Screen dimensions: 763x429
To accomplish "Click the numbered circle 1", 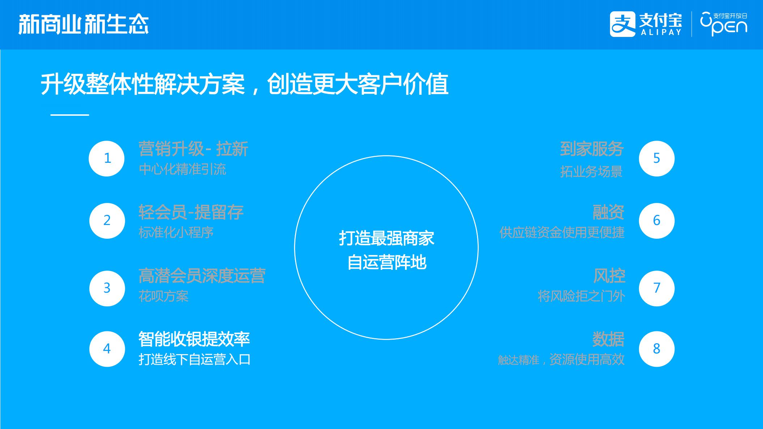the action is [107, 158].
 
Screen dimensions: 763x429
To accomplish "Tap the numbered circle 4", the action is [107, 349].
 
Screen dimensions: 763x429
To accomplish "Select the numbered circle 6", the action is [657, 221].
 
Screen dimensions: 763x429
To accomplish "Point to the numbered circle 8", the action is [657, 349].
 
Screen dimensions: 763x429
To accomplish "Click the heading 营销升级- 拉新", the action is [193, 149].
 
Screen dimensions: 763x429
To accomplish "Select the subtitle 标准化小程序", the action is [176, 232].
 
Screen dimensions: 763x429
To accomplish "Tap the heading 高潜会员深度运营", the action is [202, 276].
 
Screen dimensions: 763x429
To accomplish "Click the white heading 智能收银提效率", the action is [194, 339].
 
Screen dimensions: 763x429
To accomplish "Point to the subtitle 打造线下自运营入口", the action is [195, 360].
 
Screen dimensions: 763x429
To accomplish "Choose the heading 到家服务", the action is [592, 149].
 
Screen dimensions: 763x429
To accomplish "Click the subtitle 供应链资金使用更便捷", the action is [562, 232].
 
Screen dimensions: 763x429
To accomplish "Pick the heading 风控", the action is [609, 276].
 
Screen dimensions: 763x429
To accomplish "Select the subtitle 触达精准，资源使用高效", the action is [561, 360].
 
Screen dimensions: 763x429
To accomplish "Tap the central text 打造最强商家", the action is [387, 238].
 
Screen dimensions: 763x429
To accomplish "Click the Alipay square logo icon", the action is [623, 24].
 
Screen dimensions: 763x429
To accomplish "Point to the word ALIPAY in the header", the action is [661, 32].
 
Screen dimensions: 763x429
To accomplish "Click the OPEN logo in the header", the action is [724, 24].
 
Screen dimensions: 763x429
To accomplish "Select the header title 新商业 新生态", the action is [84, 25].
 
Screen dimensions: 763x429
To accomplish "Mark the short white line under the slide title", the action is [70, 115].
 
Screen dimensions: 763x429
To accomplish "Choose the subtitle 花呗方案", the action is [163, 296].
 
